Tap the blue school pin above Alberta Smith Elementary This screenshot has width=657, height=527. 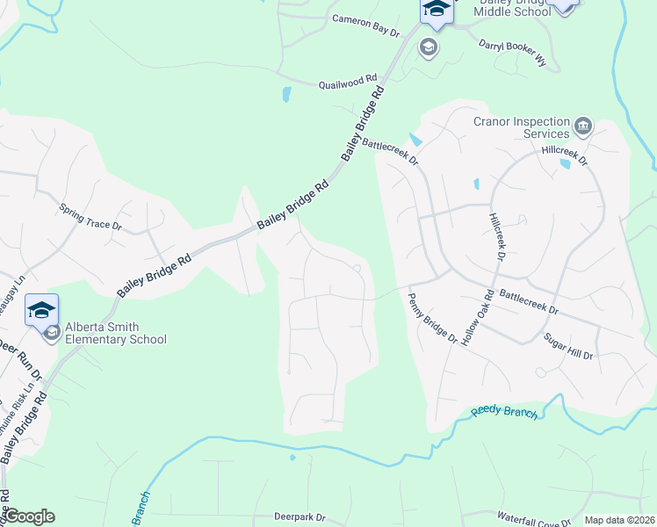42,310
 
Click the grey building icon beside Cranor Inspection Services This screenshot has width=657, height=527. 582,127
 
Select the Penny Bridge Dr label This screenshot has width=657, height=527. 433,318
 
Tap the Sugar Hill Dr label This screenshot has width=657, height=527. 567,346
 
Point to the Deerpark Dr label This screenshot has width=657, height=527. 300,517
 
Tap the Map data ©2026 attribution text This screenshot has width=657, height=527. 620,520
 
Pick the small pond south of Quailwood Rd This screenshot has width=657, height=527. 286,95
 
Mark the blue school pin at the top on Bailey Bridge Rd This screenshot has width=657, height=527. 436,9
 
